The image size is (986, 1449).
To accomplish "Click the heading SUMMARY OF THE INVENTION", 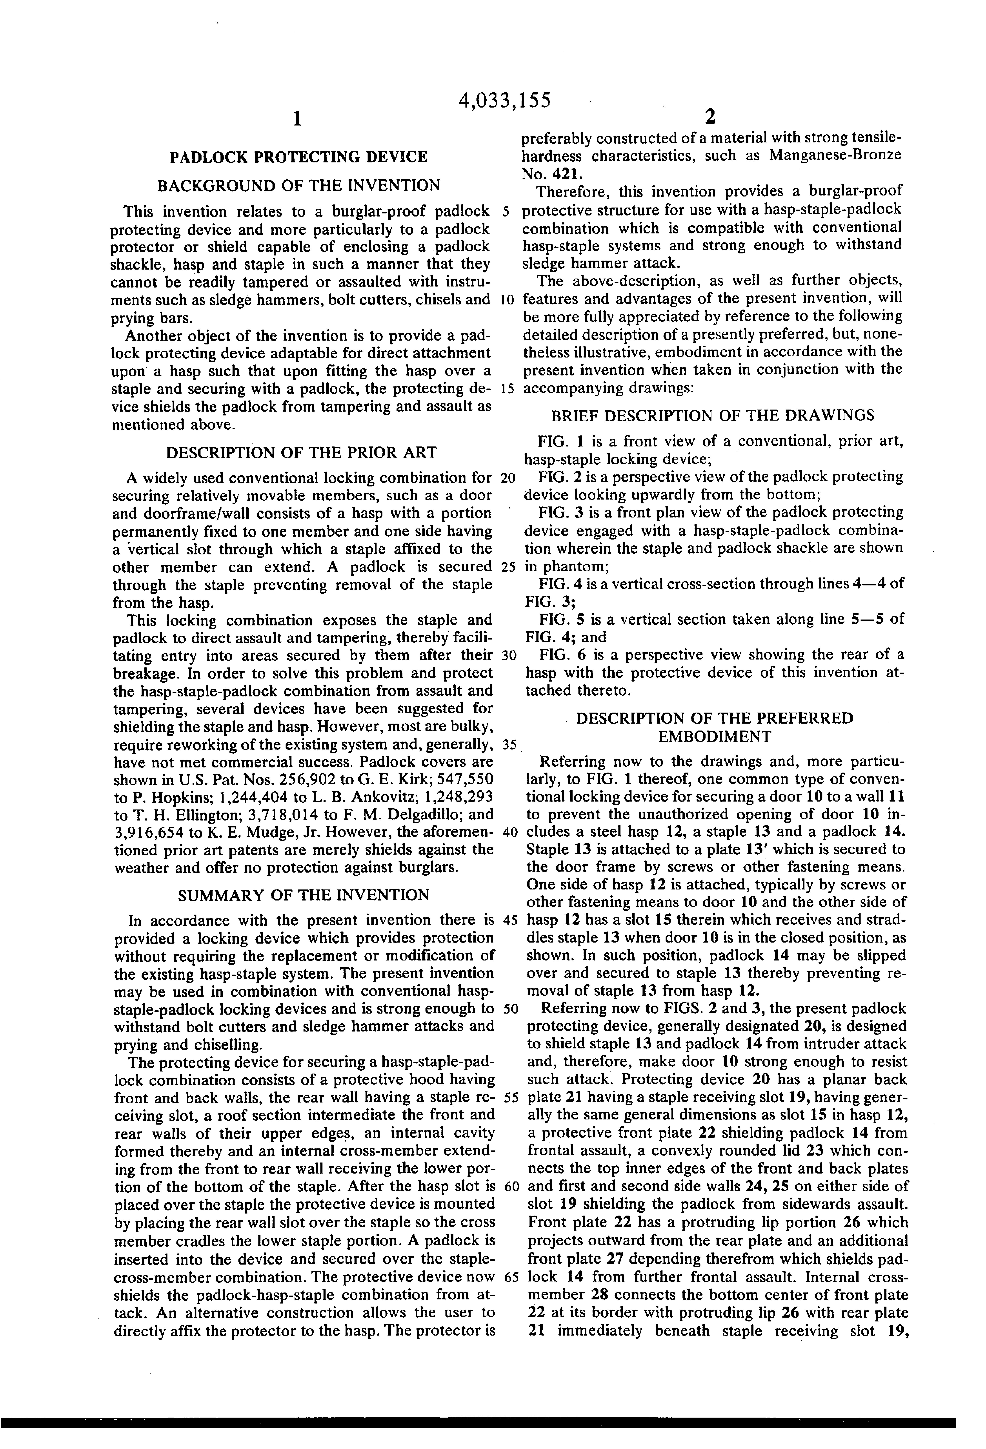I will [304, 895].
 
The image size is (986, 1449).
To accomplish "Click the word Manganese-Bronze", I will [835, 155].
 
